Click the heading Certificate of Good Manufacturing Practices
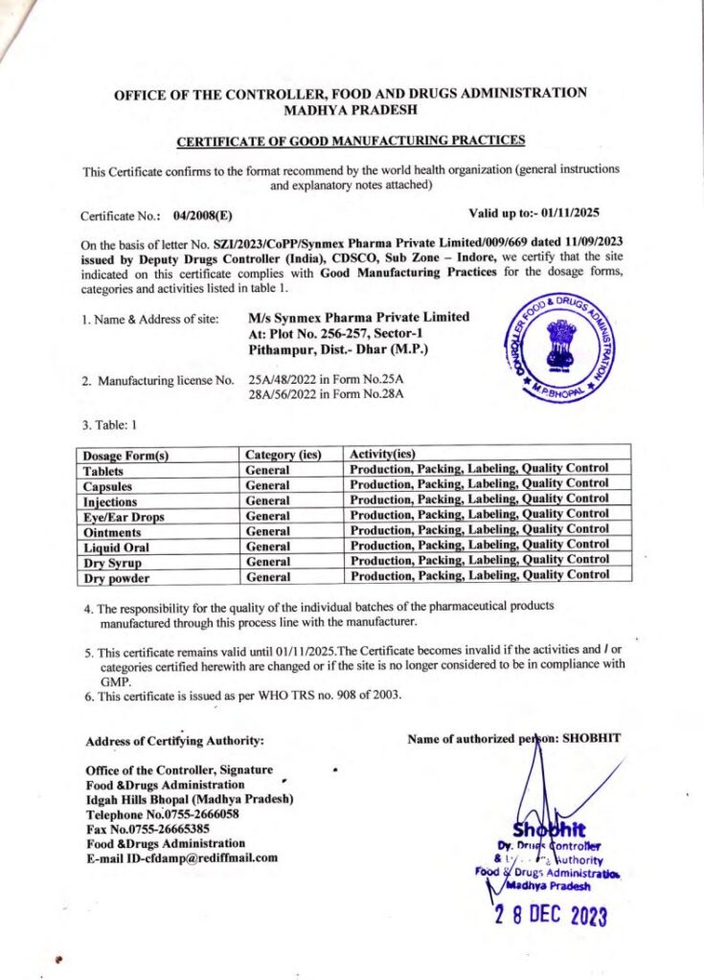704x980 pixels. [351, 141]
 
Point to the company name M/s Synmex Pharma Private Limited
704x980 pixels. [358, 317]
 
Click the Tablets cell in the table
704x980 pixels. [103, 471]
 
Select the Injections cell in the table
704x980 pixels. [110, 501]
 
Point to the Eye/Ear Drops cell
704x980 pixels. [124, 517]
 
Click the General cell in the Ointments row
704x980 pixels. [267, 532]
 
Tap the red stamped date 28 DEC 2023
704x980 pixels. [550, 917]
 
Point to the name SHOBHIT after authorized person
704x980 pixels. [591, 738]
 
